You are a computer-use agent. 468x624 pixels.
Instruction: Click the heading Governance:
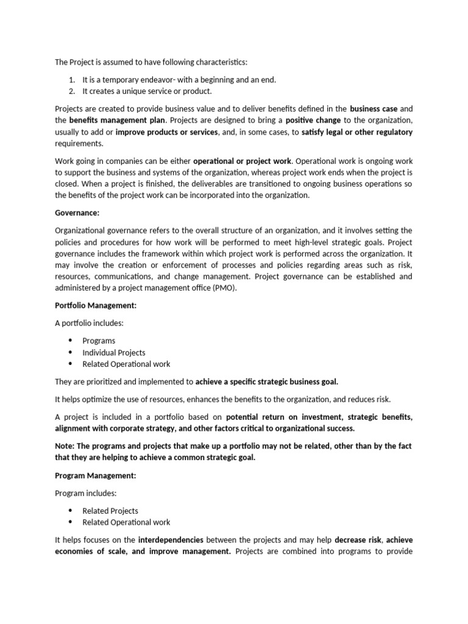point(77,213)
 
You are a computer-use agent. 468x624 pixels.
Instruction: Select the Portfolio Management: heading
point(96,306)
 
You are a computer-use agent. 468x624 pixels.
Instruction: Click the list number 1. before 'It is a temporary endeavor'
point(72,80)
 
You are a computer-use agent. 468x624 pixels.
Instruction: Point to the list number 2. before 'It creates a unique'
point(72,91)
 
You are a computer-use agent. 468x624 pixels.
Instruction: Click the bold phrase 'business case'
point(374,108)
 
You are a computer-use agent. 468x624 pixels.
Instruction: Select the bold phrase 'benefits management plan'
point(117,120)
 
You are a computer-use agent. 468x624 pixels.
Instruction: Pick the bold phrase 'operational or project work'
point(243,161)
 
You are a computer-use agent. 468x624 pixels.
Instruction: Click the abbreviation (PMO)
point(227,289)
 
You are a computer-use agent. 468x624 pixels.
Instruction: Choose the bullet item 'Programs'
point(99,341)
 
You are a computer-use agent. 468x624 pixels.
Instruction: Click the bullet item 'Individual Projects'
point(114,352)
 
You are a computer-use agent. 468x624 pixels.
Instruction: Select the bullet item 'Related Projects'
point(110,511)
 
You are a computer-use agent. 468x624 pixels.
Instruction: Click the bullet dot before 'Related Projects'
point(70,511)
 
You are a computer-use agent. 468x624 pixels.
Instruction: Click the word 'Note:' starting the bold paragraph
point(65,446)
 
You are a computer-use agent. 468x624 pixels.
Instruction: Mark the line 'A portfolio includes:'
point(89,323)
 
